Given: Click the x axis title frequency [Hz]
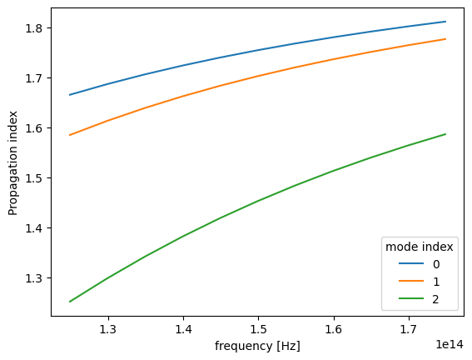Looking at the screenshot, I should [258, 346].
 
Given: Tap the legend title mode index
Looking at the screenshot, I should [418, 247].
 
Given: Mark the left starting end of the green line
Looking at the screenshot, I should [69, 302].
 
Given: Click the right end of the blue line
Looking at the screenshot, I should [446, 22].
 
